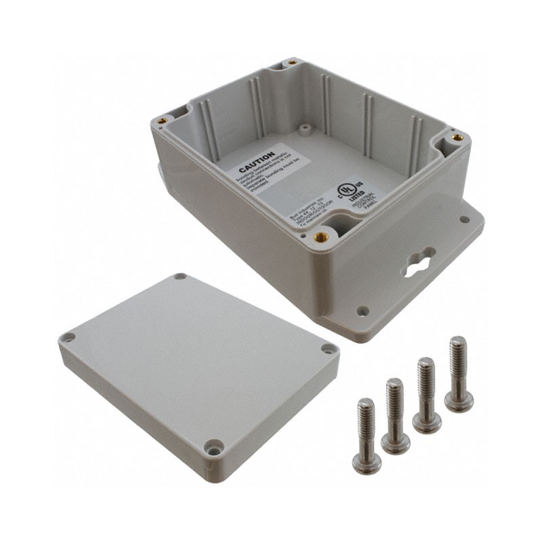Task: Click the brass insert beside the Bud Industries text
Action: (x=320, y=236)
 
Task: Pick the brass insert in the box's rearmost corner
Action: (x=292, y=62)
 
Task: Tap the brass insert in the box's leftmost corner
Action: (x=163, y=122)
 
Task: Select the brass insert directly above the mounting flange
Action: (x=458, y=138)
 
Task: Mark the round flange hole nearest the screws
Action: (x=363, y=311)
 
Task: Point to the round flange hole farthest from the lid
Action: (x=464, y=220)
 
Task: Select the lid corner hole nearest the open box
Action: (x=180, y=277)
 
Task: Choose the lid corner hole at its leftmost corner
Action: (x=68, y=337)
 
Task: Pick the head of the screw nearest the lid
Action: (x=367, y=462)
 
